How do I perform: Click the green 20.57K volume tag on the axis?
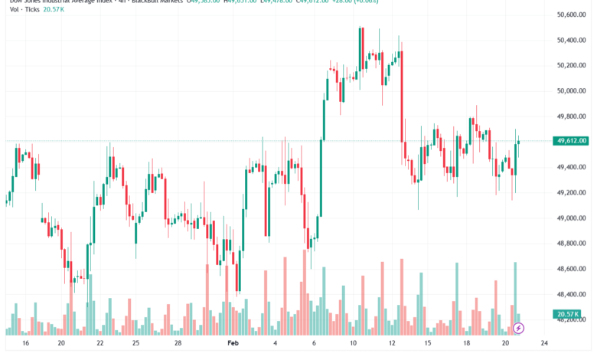(568, 314)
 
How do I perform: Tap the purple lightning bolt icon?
(518, 329)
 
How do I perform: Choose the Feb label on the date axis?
(234, 344)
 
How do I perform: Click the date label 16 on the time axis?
(27, 344)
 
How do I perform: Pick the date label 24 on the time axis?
(544, 344)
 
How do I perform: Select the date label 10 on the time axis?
(354, 344)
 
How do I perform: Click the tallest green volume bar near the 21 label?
(515, 295)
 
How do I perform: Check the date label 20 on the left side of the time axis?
(61, 344)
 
